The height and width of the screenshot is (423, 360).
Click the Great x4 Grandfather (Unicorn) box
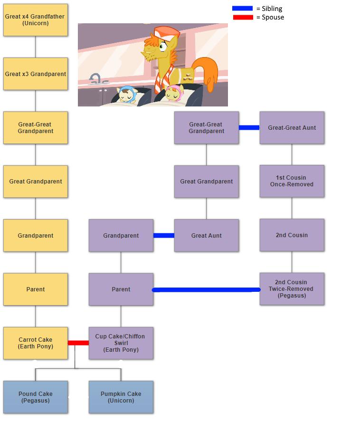tap(36, 20)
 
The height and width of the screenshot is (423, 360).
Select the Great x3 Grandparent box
tap(36, 74)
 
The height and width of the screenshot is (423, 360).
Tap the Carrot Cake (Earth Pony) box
tap(36, 343)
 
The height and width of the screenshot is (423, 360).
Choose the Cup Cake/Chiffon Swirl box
tap(121, 343)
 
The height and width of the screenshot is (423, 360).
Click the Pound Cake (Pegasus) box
tap(36, 397)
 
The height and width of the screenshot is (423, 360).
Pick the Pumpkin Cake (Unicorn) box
tap(121, 397)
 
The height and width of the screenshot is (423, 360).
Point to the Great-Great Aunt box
tap(292, 128)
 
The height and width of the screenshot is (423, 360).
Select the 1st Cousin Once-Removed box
tap(292, 181)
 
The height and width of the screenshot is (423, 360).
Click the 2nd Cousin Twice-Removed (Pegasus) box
tap(292, 289)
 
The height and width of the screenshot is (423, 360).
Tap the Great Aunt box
tap(206, 235)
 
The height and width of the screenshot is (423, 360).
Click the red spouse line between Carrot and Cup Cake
tap(78, 343)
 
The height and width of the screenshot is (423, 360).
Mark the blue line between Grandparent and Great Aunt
tap(164, 235)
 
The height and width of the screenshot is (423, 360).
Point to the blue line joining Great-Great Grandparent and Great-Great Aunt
tap(249, 127)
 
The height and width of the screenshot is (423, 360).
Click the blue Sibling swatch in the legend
tap(242, 9)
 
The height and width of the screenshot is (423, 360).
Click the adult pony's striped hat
tap(166, 32)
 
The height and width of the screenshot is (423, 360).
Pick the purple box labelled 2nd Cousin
tap(292, 235)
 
